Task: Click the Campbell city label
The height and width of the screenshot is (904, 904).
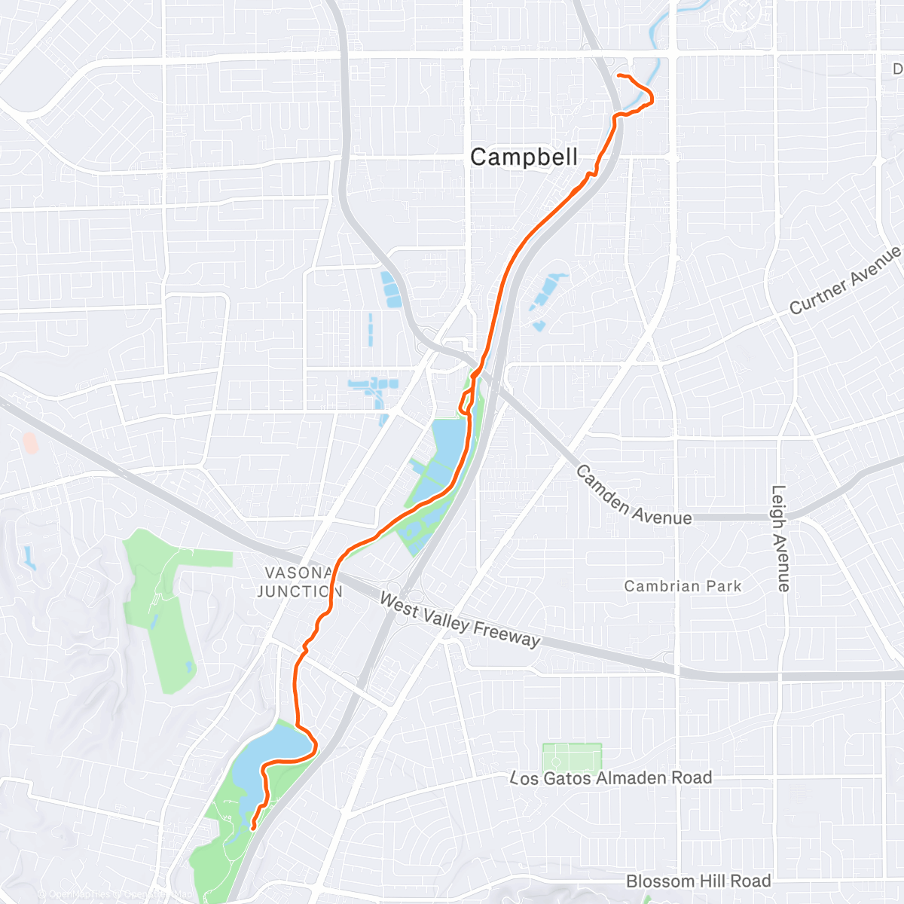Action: click(x=524, y=157)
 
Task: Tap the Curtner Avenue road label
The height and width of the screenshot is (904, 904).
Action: click(x=845, y=280)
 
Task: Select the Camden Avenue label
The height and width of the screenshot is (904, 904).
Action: click(x=633, y=496)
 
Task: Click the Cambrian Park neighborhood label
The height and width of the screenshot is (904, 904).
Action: click(x=683, y=586)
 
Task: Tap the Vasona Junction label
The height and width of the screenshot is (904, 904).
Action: click(x=299, y=582)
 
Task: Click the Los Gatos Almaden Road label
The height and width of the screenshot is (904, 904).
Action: click(x=610, y=777)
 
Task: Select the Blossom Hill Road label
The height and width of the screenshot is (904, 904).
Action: click(x=698, y=881)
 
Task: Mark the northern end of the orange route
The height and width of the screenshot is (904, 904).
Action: click(x=618, y=76)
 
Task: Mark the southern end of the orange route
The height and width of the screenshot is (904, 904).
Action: click(x=252, y=827)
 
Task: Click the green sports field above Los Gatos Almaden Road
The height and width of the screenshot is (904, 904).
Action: click(x=572, y=759)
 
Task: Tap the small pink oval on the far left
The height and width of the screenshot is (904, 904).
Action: click(x=30, y=442)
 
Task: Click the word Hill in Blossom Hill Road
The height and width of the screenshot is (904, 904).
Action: click(x=709, y=881)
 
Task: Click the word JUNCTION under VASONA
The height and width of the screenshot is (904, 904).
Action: click(x=299, y=591)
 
